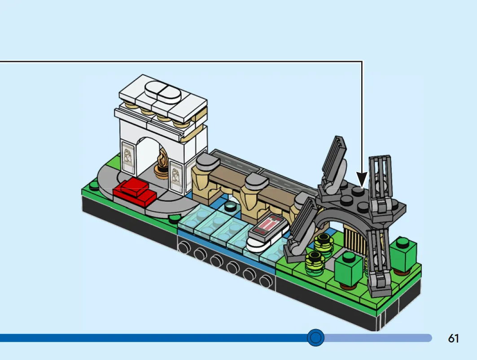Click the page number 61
point(453,338)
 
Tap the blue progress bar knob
point(315,337)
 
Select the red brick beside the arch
point(134,191)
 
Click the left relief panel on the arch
point(128,157)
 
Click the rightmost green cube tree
point(403,256)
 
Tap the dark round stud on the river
point(231,206)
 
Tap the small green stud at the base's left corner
point(94,185)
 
